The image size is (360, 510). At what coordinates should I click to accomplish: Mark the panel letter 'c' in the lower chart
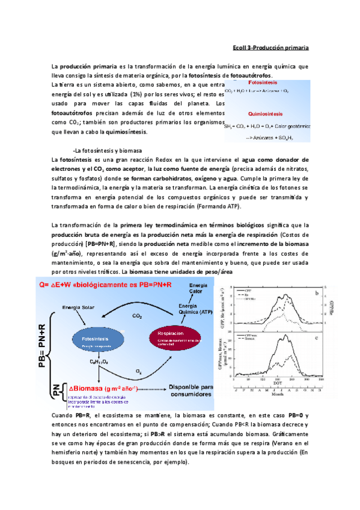tap(316, 342)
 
